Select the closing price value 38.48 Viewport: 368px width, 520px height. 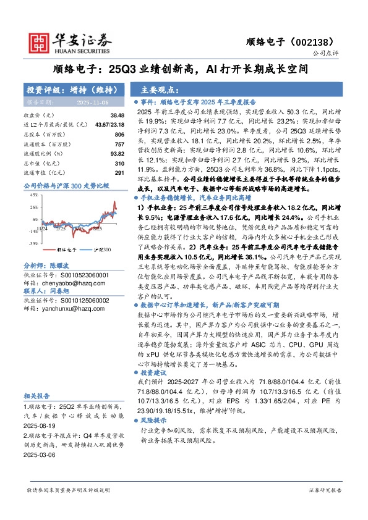[x=118, y=115]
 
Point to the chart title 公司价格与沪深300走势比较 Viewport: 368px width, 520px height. [x=66, y=185]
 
